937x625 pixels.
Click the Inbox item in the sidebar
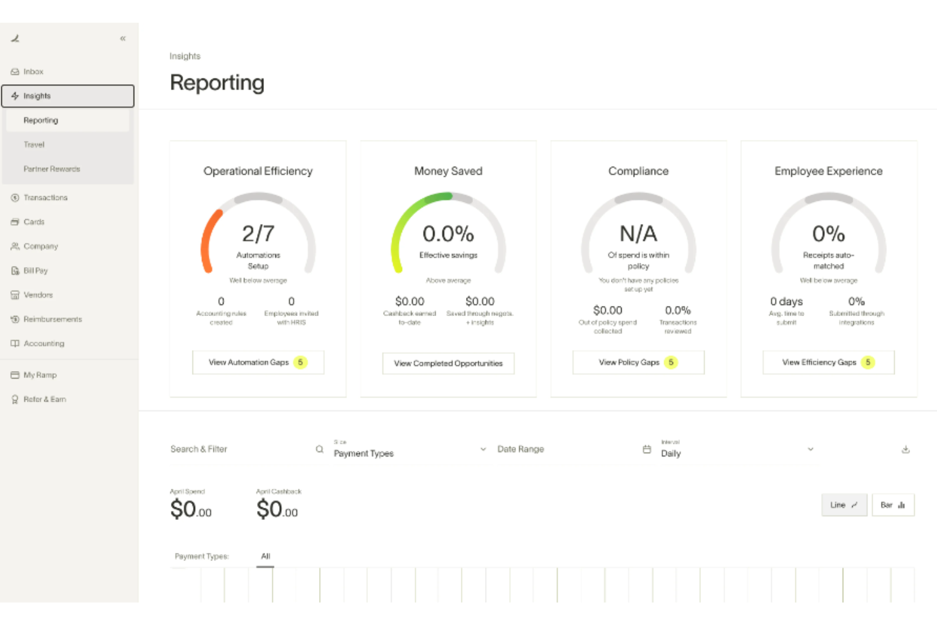33,72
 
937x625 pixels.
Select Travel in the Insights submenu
34,144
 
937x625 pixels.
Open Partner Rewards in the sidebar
51,169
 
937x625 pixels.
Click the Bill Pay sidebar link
35,270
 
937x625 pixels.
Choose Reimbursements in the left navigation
53,319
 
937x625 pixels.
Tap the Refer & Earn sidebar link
44,399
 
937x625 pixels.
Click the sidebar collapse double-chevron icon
123,39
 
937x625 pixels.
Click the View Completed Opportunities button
448,363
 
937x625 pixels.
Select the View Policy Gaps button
638,362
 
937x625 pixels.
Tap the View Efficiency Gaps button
828,362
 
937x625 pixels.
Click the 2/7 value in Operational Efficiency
258,234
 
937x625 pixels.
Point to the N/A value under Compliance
638,234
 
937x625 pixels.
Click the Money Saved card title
448,171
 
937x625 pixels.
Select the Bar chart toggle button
893,505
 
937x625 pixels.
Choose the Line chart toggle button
844,505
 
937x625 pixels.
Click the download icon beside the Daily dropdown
905,450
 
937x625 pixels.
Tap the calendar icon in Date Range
646,449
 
